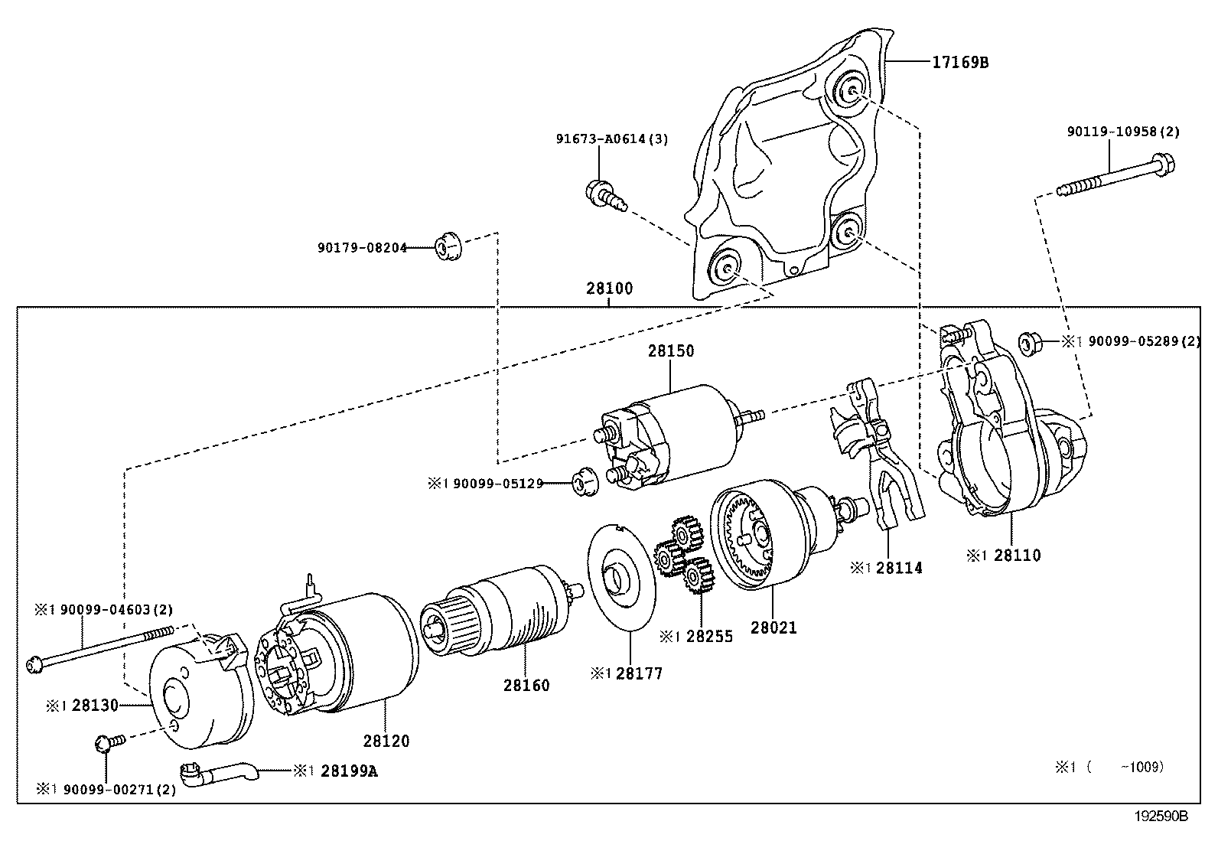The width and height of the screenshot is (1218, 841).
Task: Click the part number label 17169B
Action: pyautogui.click(x=959, y=62)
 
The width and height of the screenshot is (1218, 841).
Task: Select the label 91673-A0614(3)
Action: pyautogui.click(x=611, y=139)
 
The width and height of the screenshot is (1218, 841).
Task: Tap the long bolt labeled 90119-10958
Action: pyautogui.click(x=1114, y=175)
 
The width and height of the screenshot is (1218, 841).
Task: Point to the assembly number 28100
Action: pyautogui.click(x=610, y=288)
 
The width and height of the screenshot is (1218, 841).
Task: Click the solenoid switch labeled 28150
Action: pyautogui.click(x=673, y=440)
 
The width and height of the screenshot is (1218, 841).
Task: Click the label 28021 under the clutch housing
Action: pyautogui.click(x=773, y=627)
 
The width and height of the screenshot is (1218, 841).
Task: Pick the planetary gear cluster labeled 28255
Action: pyautogui.click(x=683, y=555)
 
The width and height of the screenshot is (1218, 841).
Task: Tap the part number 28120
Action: pyautogui.click(x=386, y=741)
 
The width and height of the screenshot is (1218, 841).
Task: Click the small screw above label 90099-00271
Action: pyautogui.click(x=106, y=743)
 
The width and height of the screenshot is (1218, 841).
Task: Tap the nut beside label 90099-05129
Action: pyautogui.click(x=584, y=484)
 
